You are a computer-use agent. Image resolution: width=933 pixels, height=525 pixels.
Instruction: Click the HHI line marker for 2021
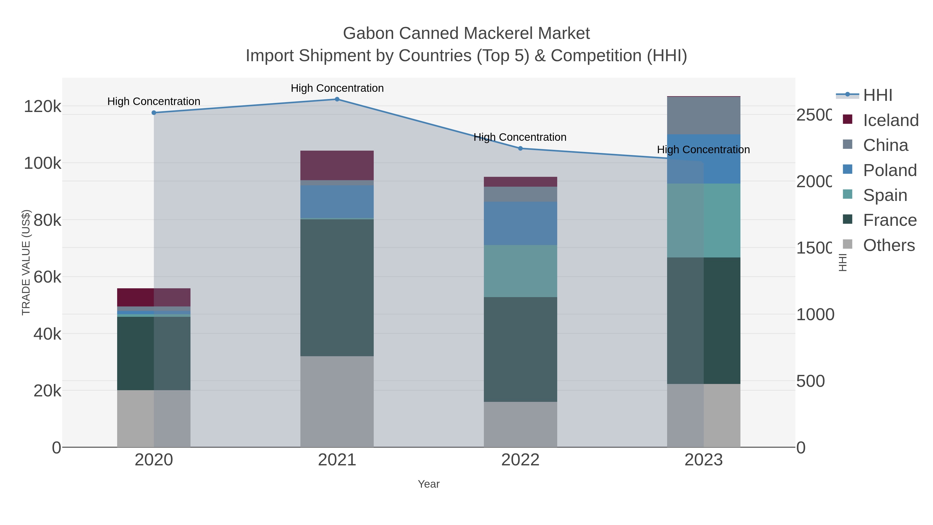[337, 99]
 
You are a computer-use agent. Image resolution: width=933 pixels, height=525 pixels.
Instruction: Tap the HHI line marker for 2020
[154, 113]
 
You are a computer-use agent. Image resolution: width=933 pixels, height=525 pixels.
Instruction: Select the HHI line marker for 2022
[520, 148]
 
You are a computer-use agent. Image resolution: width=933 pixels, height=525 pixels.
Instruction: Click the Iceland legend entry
[890, 120]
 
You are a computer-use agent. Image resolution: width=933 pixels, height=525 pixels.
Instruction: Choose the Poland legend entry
[889, 170]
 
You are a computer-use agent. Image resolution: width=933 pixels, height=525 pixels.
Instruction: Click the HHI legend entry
[877, 95]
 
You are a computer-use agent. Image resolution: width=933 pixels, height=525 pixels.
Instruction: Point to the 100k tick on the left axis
[43, 163]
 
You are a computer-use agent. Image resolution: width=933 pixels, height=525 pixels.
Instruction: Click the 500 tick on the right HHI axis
[811, 381]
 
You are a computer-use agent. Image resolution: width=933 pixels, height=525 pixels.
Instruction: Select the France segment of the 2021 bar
[337, 288]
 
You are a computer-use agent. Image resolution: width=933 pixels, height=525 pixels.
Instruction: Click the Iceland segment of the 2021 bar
[337, 165]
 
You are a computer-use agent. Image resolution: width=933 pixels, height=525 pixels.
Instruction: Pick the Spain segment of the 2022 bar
[520, 271]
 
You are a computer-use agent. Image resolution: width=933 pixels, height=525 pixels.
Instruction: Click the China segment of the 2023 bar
[703, 116]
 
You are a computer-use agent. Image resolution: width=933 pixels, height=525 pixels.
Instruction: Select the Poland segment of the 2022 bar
[520, 223]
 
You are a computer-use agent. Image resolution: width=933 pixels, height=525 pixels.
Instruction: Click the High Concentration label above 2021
[337, 88]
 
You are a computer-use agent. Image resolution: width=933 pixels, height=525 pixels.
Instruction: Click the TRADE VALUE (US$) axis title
[26, 262]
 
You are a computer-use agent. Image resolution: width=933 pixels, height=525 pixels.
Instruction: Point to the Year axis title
[428, 484]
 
